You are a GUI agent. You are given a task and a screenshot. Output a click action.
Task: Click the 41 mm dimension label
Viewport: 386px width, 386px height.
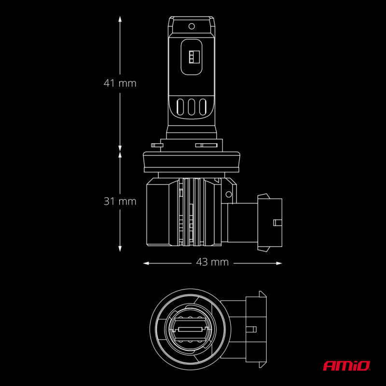tap(120, 83)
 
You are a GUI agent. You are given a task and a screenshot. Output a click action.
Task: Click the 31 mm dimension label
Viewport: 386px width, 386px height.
tap(120, 201)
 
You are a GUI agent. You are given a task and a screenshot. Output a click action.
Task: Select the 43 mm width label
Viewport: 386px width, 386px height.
tap(212, 262)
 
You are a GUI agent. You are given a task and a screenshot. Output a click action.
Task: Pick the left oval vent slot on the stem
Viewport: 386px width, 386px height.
tap(181, 107)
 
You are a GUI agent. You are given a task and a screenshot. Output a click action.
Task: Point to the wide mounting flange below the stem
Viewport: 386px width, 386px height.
tap(192, 161)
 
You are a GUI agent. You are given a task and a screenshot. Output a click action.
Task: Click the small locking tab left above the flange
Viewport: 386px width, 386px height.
tap(156, 144)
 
